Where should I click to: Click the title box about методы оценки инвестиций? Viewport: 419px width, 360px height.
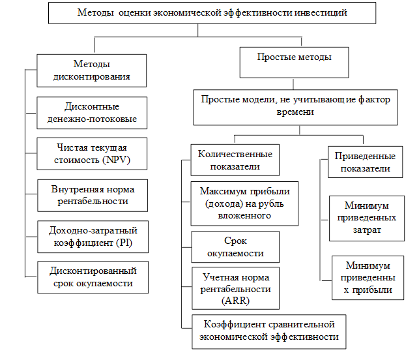pos(212,13)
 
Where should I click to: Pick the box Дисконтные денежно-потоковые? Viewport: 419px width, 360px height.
pos(91,113)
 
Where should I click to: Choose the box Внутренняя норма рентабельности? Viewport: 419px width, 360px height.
pos(91,195)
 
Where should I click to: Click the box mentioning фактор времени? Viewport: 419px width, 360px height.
pos(295,106)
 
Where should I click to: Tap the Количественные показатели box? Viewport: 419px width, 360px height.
pos(234,160)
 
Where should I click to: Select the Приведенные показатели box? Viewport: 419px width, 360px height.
pos(364,162)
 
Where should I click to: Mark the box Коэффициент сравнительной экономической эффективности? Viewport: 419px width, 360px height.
pos(269,331)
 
